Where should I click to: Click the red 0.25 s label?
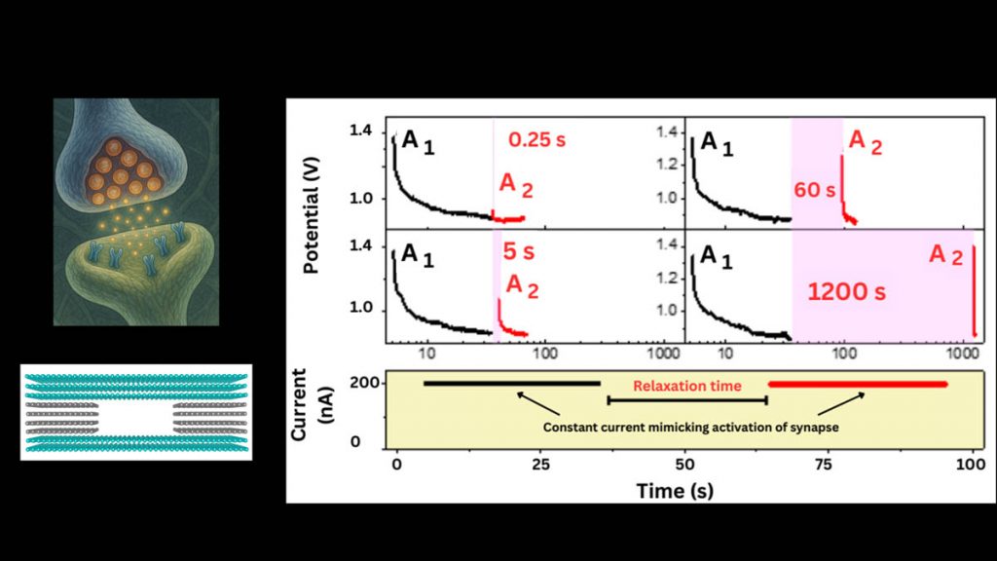(536, 139)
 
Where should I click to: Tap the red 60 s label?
(816, 190)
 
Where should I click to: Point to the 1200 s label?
(846, 291)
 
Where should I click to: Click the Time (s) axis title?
(675, 490)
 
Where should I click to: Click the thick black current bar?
(512, 383)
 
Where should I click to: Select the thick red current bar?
(857, 384)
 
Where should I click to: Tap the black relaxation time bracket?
(687, 400)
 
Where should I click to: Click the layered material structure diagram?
(135, 412)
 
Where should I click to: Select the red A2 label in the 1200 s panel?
(943, 255)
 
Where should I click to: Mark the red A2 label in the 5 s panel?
(519, 287)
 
